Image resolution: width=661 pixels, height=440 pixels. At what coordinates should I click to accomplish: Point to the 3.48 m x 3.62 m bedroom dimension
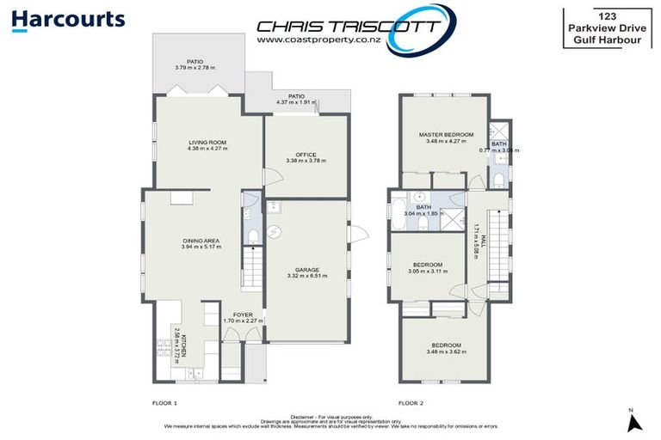[446, 351]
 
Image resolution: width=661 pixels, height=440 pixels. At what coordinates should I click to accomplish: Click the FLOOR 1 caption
[158, 402]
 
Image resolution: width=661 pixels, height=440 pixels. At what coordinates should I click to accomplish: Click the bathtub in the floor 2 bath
[398, 216]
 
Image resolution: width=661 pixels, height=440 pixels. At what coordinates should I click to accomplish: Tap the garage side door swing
[359, 233]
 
